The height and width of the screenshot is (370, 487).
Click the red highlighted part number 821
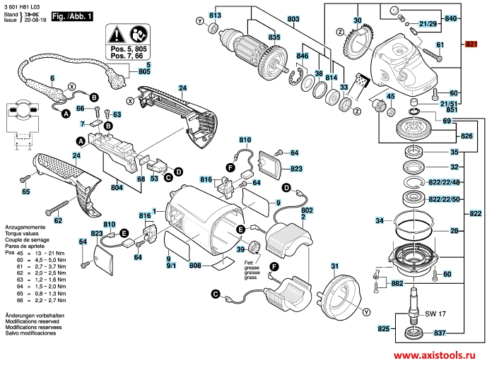pos(472,44)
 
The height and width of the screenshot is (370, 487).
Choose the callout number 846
pos(303,55)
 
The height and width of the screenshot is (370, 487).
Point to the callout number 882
pos(396,284)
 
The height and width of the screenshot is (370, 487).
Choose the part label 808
pos(196,266)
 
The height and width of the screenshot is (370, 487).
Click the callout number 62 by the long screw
pos(58,220)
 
